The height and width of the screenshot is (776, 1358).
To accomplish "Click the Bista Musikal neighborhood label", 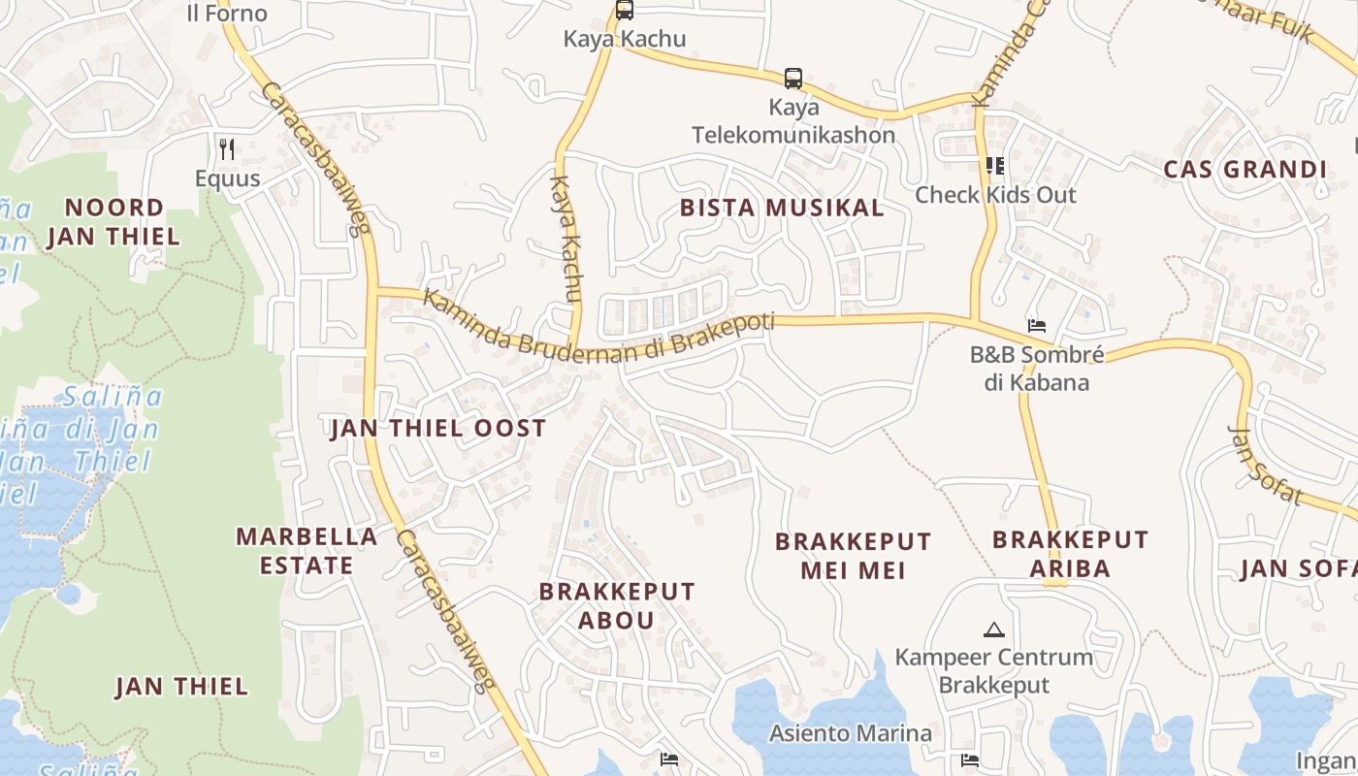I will tap(782, 208).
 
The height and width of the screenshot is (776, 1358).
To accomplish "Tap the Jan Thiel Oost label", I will tap(438, 428).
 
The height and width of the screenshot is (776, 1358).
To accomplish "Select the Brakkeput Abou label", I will tap(617, 605).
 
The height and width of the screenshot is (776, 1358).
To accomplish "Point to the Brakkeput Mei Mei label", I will tap(853, 556).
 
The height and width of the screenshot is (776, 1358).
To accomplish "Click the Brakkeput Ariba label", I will tap(1070, 553).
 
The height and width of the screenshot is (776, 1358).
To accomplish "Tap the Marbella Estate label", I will tap(307, 550).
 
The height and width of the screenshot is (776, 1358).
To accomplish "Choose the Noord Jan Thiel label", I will tap(113, 221).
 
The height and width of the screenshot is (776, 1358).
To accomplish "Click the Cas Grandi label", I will tap(1245, 170).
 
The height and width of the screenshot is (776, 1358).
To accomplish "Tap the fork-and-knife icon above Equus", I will tap(227, 148).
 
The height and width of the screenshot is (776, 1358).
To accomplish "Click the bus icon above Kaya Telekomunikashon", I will tap(793, 78).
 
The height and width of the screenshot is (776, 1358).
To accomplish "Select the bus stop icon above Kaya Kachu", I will tap(625, 11).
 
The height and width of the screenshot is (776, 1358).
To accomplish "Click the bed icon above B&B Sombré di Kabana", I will tap(1037, 326).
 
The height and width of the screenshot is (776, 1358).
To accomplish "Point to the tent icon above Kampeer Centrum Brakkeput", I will tap(993, 630).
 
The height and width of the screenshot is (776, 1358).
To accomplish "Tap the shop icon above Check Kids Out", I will tap(995, 166).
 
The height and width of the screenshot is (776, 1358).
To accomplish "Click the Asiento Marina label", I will tap(851, 732).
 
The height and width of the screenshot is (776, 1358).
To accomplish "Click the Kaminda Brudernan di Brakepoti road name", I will tap(598, 330).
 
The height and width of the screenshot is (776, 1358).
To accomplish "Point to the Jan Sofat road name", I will tap(1265, 465).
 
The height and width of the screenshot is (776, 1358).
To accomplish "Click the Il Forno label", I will tap(226, 14).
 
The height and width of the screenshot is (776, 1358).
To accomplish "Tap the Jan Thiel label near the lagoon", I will tap(181, 687).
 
